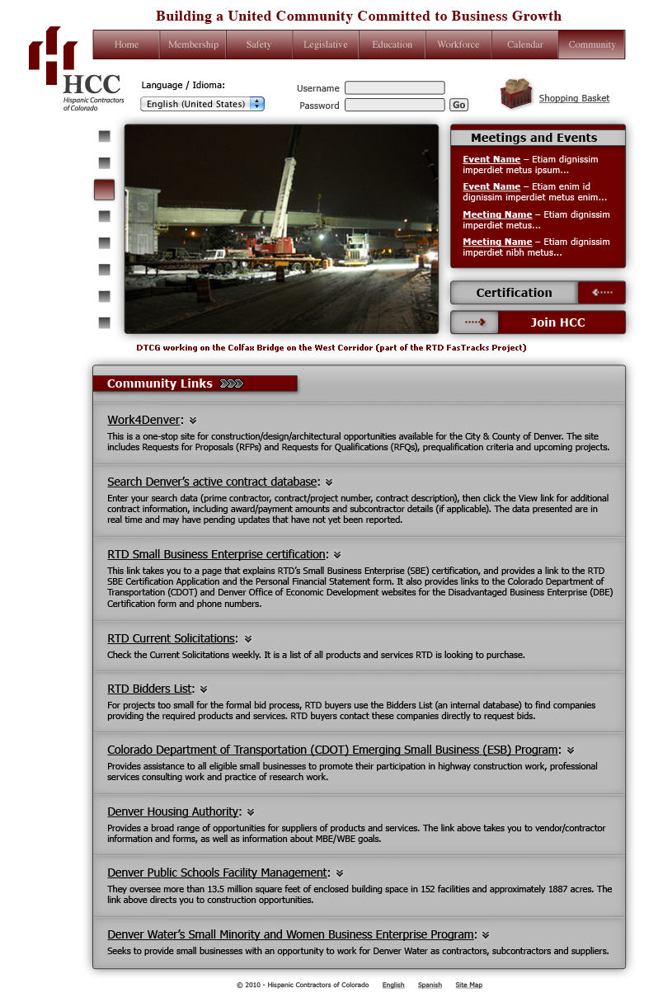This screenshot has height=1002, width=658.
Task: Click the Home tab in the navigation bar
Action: point(126,45)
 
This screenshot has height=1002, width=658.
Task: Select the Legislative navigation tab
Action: point(325,45)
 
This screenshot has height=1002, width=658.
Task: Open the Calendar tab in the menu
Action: point(525,45)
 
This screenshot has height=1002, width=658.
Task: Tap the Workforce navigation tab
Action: point(458,45)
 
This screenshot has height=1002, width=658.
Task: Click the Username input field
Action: point(394,88)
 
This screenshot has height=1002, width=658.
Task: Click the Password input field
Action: point(394,106)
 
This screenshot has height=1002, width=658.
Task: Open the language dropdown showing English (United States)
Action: point(202,104)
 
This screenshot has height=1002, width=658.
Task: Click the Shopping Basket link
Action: point(574,98)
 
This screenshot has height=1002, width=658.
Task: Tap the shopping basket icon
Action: point(516,94)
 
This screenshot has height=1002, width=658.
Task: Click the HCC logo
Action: point(74,69)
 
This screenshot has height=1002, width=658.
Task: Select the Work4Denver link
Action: point(143,421)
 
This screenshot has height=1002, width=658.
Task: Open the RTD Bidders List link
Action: point(150,689)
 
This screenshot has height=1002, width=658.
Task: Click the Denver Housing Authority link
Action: point(173,811)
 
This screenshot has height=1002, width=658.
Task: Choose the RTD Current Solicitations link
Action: point(172,638)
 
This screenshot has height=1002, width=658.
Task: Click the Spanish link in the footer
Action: point(430,985)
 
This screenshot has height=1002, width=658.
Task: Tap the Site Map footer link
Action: point(468,985)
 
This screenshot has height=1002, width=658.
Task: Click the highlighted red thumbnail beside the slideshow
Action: point(104,190)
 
